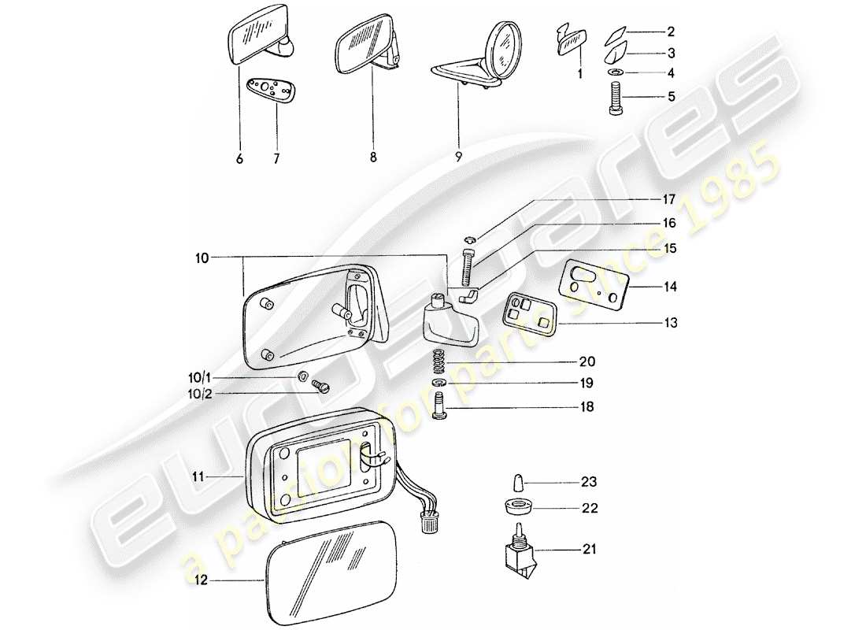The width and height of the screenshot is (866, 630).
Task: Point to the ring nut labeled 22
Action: click(517, 508)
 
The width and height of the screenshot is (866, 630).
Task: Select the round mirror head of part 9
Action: click(502, 47)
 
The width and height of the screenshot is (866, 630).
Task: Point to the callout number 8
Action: click(372, 157)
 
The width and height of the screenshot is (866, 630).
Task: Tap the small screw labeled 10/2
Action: click(321, 386)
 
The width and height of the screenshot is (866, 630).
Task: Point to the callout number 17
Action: click(668, 200)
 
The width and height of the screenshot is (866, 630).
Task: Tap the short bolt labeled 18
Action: click(441, 406)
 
